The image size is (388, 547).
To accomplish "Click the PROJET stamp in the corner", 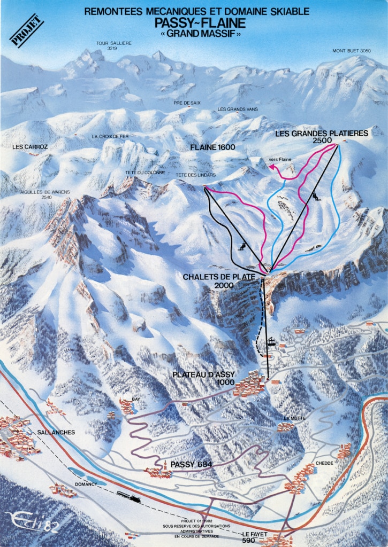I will tap(27, 30).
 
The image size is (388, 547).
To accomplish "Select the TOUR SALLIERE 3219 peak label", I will tap(113, 45).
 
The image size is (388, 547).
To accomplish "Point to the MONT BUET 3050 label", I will tap(351, 51).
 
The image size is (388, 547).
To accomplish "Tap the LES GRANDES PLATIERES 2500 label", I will tap(322, 137).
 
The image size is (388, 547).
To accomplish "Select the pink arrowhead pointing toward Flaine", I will tap(271, 167).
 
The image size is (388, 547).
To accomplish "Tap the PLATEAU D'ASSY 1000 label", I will tap(204, 378).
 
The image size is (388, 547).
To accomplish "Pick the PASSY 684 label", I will tap(191, 465).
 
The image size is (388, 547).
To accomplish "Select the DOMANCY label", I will tap(86, 484).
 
